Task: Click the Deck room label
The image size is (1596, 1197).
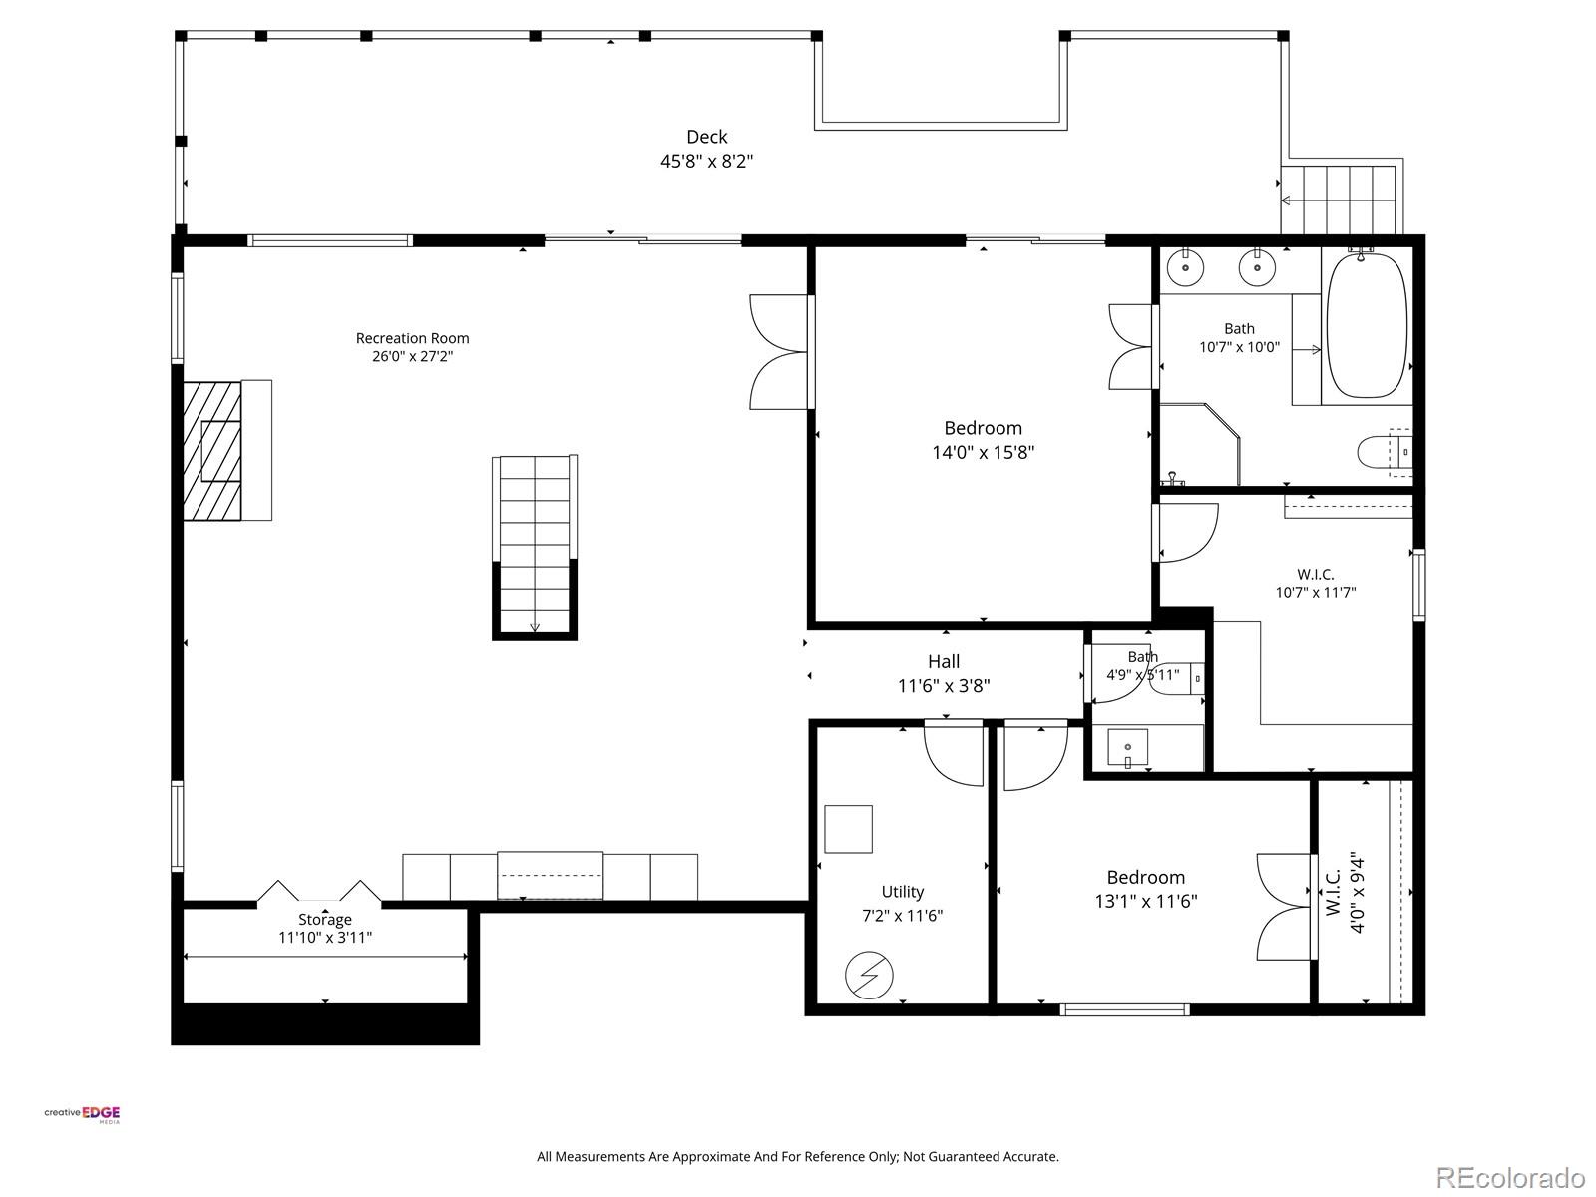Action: [x=707, y=137]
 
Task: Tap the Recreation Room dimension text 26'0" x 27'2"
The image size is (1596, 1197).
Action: [x=412, y=356]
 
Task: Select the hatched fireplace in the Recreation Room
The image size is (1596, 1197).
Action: [x=211, y=451]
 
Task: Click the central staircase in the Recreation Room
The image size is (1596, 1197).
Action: [x=535, y=548]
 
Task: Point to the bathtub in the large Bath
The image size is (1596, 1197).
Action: [x=1367, y=325]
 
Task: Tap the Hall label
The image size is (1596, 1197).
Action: [x=943, y=661]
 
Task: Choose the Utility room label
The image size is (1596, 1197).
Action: [x=903, y=891]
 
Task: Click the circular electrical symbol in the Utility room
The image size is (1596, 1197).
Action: [x=869, y=975]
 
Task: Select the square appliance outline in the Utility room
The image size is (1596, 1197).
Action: [x=848, y=829]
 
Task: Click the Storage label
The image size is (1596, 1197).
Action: [x=324, y=920]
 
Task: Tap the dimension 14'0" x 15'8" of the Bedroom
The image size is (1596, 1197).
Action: [x=984, y=452]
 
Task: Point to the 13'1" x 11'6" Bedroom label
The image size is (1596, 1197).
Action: [x=1146, y=877]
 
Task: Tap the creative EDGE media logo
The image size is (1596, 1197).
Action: [x=82, y=1114]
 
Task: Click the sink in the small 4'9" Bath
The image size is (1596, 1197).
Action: [x=1127, y=748]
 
